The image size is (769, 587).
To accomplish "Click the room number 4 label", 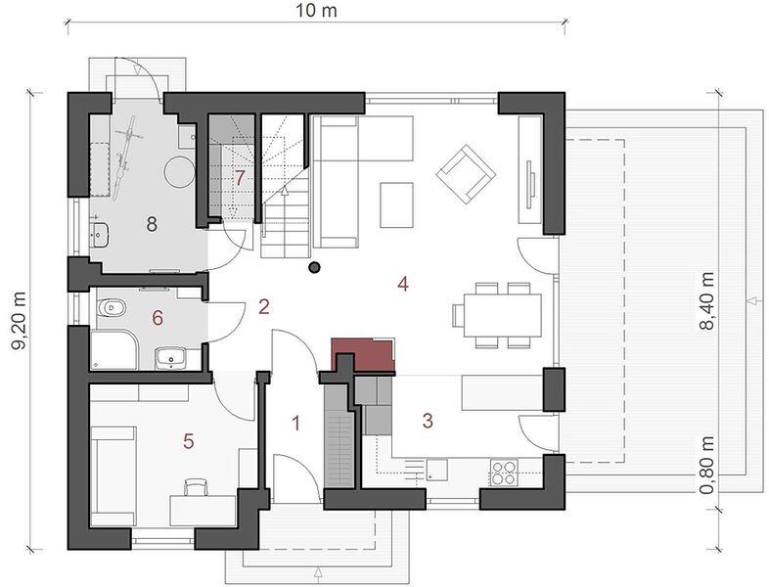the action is tap(403, 284).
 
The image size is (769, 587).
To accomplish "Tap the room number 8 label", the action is tap(152, 225).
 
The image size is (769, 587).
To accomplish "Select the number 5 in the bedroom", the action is tap(188, 441).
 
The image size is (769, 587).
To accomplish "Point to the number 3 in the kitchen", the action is tap(428, 421).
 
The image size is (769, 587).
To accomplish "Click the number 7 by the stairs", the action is tap(239, 177).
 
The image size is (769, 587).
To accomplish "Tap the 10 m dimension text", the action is tap(316, 11).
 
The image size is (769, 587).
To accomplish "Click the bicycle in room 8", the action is tap(124, 158).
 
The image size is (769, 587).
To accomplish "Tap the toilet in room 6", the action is tap(112, 308).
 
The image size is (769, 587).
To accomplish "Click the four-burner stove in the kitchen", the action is tap(504, 473).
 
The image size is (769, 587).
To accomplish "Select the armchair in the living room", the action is tap(466, 173).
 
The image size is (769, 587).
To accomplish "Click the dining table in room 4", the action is tap(503, 315).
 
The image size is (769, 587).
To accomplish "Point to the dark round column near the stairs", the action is tap(314, 267).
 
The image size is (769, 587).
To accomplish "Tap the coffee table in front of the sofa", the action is tap(396, 205).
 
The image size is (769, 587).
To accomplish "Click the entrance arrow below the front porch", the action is tap(318, 572).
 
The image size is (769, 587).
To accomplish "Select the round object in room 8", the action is tap(179, 171).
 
